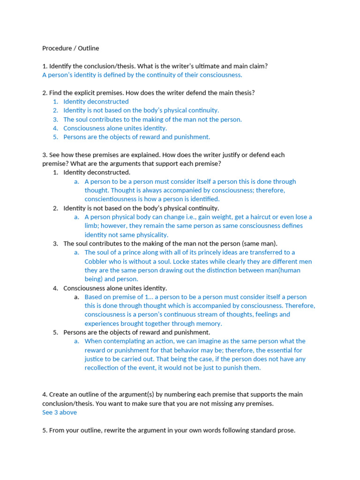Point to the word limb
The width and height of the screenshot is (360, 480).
[x=92, y=226]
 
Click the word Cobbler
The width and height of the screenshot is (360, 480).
[x=97, y=262]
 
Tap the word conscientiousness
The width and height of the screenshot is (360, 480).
[x=115, y=199]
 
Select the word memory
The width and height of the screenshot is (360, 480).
[x=208, y=323]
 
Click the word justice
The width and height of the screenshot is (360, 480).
[x=94, y=359]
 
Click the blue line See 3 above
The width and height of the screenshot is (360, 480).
[x=60, y=412]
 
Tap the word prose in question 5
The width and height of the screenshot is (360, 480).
[x=286, y=430]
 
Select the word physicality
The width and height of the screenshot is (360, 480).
[x=151, y=235]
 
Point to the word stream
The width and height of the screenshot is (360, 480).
[x=194, y=315]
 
